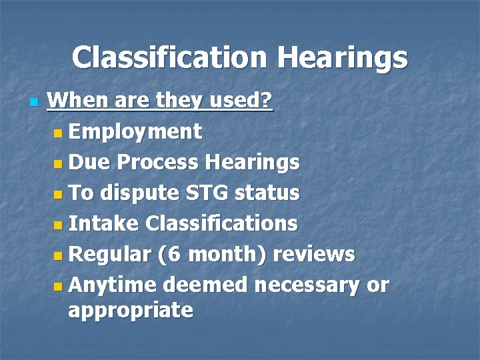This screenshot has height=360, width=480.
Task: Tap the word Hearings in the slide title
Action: tap(343, 58)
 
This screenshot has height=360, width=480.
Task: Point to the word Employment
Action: tap(135, 132)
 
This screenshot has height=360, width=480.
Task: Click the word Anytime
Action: tap(112, 285)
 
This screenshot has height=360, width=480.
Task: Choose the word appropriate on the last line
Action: tap(131, 311)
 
